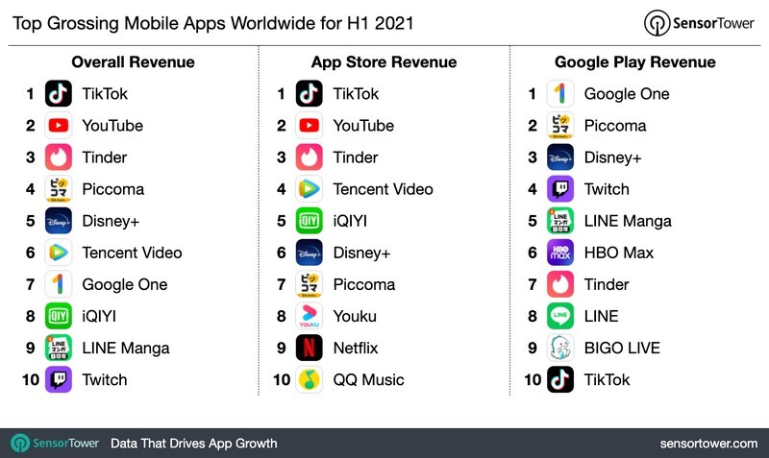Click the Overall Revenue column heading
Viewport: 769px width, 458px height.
[133, 62]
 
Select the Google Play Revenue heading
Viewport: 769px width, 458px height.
[634, 62]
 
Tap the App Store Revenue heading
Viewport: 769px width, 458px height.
[384, 62]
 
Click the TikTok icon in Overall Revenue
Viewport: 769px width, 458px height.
[59, 94]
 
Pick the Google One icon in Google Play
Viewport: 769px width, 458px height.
[560, 94]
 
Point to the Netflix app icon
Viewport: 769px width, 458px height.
[310, 348]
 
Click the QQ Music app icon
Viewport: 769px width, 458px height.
[310, 379]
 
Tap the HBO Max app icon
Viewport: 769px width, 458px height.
[560, 253]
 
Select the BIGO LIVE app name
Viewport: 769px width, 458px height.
[622, 348]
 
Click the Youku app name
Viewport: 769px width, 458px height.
[355, 316]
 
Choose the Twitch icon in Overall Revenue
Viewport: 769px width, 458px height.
[59, 379]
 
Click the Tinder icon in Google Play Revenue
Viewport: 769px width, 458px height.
[560, 284]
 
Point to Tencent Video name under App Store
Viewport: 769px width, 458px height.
[383, 189]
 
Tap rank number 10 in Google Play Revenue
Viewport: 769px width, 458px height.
[532, 379]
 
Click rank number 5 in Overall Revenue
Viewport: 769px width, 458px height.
[31, 221]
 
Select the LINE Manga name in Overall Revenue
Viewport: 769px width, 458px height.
[125, 348]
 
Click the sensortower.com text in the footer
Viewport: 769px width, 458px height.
[708, 443]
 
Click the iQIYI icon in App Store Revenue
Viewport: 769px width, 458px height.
[310, 221]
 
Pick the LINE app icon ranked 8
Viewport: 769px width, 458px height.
[560, 316]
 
